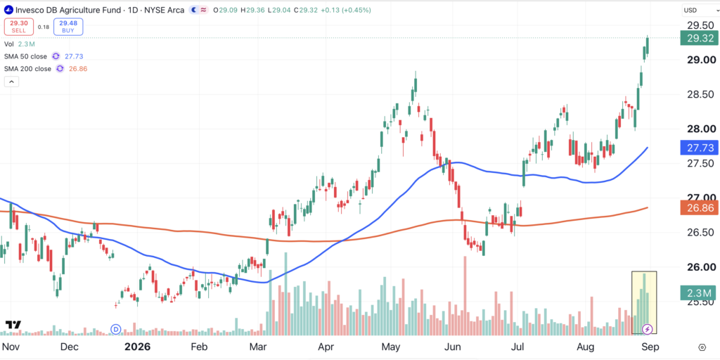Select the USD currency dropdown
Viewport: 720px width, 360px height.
694,10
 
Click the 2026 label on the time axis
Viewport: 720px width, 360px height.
137,346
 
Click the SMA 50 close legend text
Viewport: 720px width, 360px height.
25,56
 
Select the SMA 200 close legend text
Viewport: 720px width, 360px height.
27,69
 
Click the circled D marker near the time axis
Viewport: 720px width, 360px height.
116,329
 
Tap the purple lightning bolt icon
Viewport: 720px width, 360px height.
648,329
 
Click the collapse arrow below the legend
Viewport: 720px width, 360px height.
11,82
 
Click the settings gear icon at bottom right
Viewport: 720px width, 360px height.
702,347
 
